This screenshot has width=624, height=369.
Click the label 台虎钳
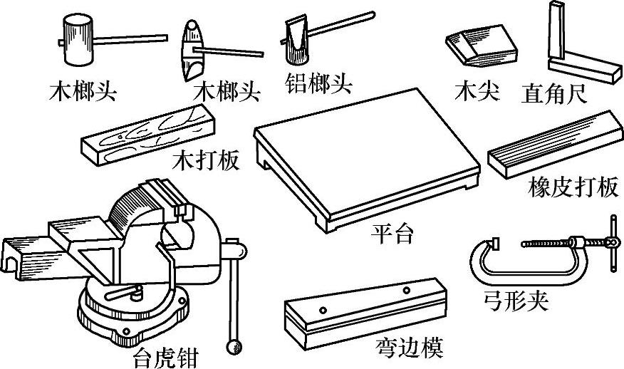coord(165,355)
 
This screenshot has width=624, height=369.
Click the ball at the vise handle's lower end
coord(232,347)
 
